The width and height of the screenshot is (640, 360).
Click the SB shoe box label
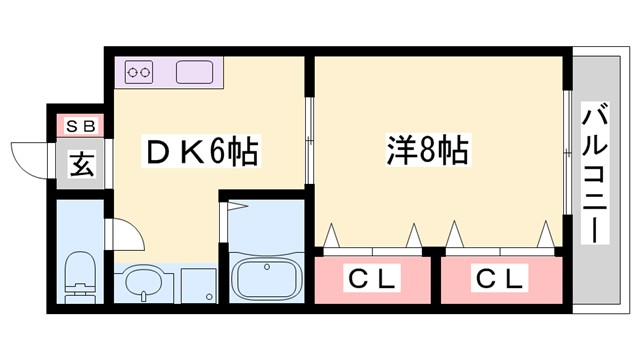click(80, 126)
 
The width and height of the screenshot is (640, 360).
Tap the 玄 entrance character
click(81, 163)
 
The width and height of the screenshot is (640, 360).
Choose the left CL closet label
click(371, 277)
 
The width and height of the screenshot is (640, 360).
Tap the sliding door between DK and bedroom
click(311, 140)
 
